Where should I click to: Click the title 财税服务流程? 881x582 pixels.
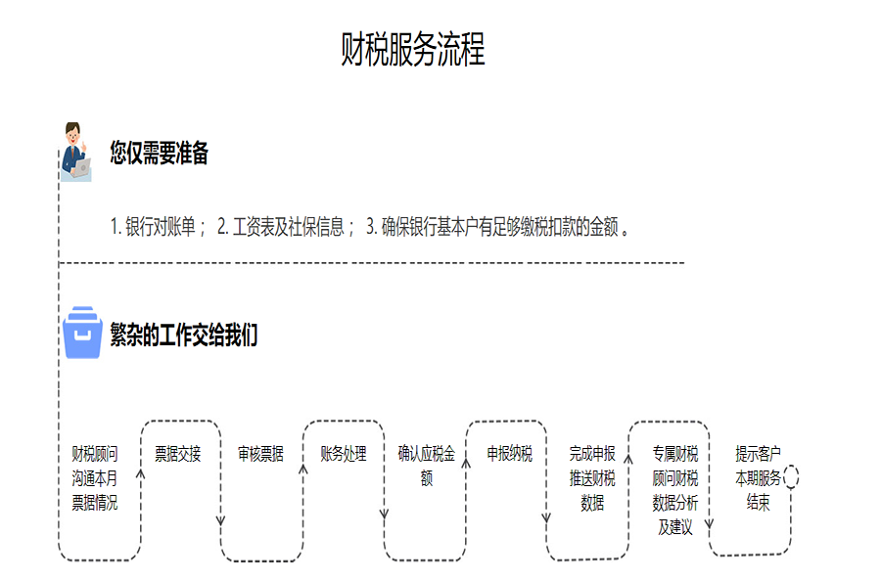coord(412,50)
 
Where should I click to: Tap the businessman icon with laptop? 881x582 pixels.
coord(74,151)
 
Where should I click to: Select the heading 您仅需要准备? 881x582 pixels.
coord(159,154)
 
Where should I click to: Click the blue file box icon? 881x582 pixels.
coord(82,334)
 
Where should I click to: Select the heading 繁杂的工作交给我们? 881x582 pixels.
coord(183,336)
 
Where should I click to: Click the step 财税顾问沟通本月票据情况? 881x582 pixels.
coord(95,478)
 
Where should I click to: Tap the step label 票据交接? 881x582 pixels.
coord(178,454)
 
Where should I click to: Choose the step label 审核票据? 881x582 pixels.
coord(261,454)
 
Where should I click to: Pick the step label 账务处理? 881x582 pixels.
coord(344,454)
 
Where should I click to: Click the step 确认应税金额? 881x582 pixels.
coord(427,467)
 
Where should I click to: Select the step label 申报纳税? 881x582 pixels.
coord(510,454)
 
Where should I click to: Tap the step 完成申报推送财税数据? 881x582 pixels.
coord(592,478)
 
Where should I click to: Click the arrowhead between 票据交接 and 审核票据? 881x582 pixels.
coord(221,518)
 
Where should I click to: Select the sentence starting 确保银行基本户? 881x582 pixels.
coord(498,228)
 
